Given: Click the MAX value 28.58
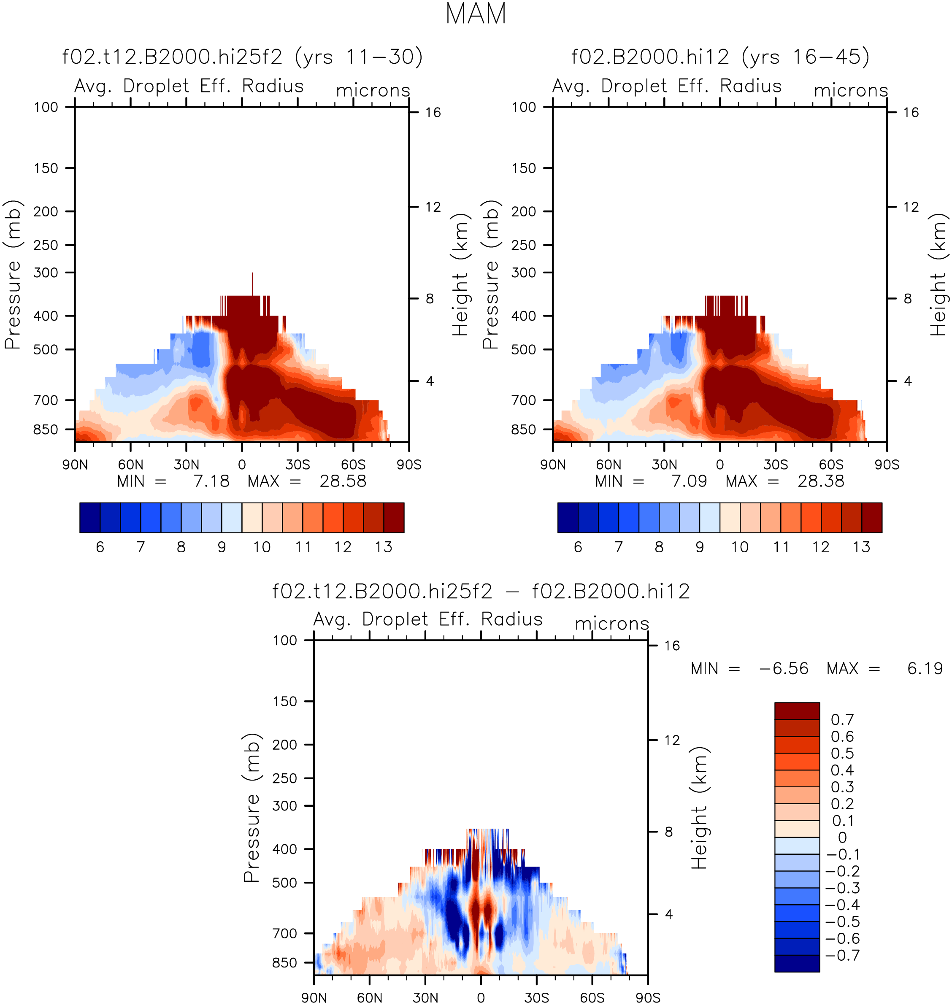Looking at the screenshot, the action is pyautogui.click(x=343, y=481).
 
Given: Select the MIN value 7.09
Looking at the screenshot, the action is pyautogui.click(x=689, y=481).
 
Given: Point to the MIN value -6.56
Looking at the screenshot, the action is pyautogui.click(x=784, y=669).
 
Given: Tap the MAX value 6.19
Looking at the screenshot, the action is pyautogui.click(x=925, y=669).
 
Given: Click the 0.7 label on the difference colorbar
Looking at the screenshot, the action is pyautogui.click(x=842, y=720).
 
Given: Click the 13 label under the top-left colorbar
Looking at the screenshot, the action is pyautogui.click(x=384, y=547).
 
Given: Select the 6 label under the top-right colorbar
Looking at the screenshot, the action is pyautogui.click(x=578, y=547).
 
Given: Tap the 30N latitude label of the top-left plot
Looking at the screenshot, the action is pyautogui.click(x=186, y=465).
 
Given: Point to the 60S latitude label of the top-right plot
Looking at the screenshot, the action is pyautogui.click(x=831, y=465).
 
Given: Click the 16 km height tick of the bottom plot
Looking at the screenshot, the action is pyautogui.click(x=672, y=646).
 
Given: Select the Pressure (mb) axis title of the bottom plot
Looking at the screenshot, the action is pyautogui.click(x=252, y=808).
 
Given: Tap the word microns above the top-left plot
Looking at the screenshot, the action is pyautogui.click(x=373, y=90).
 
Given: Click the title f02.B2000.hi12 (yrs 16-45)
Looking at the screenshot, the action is pyautogui.click(x=720, y=57).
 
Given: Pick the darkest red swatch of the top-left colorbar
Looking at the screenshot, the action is pyautogui.click(x=394, y=517).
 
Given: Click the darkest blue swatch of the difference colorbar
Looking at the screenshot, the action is pyautogui.click(x=797, y=963).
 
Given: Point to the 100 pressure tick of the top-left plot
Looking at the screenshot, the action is pyautogui.click(x=46, y=107).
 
